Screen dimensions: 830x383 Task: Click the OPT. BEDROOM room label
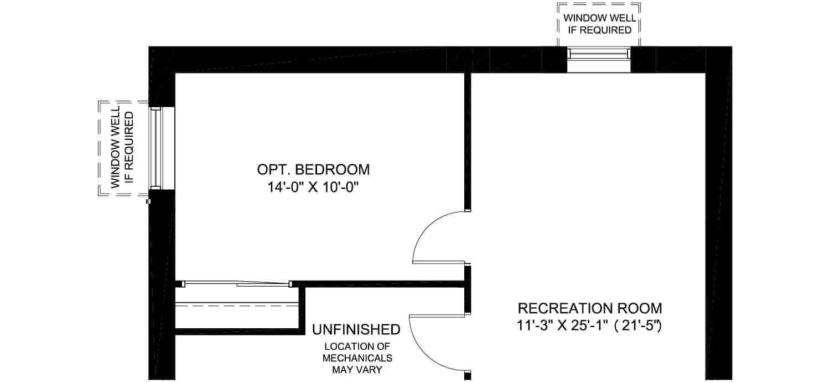(313, 169)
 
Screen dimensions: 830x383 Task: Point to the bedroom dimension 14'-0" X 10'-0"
(314, 187)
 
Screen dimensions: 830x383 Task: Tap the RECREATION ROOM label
(589, 308)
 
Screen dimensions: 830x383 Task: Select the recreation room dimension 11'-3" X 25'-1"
(563, 325)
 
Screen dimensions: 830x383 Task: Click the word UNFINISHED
(356, 329)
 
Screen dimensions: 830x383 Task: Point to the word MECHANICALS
(357, 358)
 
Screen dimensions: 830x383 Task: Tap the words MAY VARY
(357, 370)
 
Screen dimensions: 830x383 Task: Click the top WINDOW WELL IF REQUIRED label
(599, 24)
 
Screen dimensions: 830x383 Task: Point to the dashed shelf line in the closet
(237, 306)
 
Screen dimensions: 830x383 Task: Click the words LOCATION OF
(357, 346)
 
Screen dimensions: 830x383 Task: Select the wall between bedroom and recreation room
(468, 142)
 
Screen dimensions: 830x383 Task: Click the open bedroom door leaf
(439, 262)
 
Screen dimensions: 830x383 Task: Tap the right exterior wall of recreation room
(718, 213)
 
